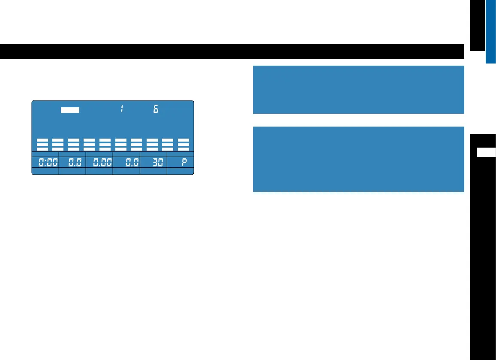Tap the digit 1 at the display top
(122, 109)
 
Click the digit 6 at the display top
(156, 109)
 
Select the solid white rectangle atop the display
(70, 110)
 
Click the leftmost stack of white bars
(42, 144)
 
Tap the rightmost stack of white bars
(183, 144)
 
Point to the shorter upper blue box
(358, 89)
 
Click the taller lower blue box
(358, 159)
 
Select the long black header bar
(232, 51)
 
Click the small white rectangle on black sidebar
(487, 153)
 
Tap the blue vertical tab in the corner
(491, 31)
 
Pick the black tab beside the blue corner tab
(477, 25)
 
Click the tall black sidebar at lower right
(483, 257)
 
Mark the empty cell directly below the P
(180, 171)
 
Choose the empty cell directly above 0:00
(45, 154)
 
